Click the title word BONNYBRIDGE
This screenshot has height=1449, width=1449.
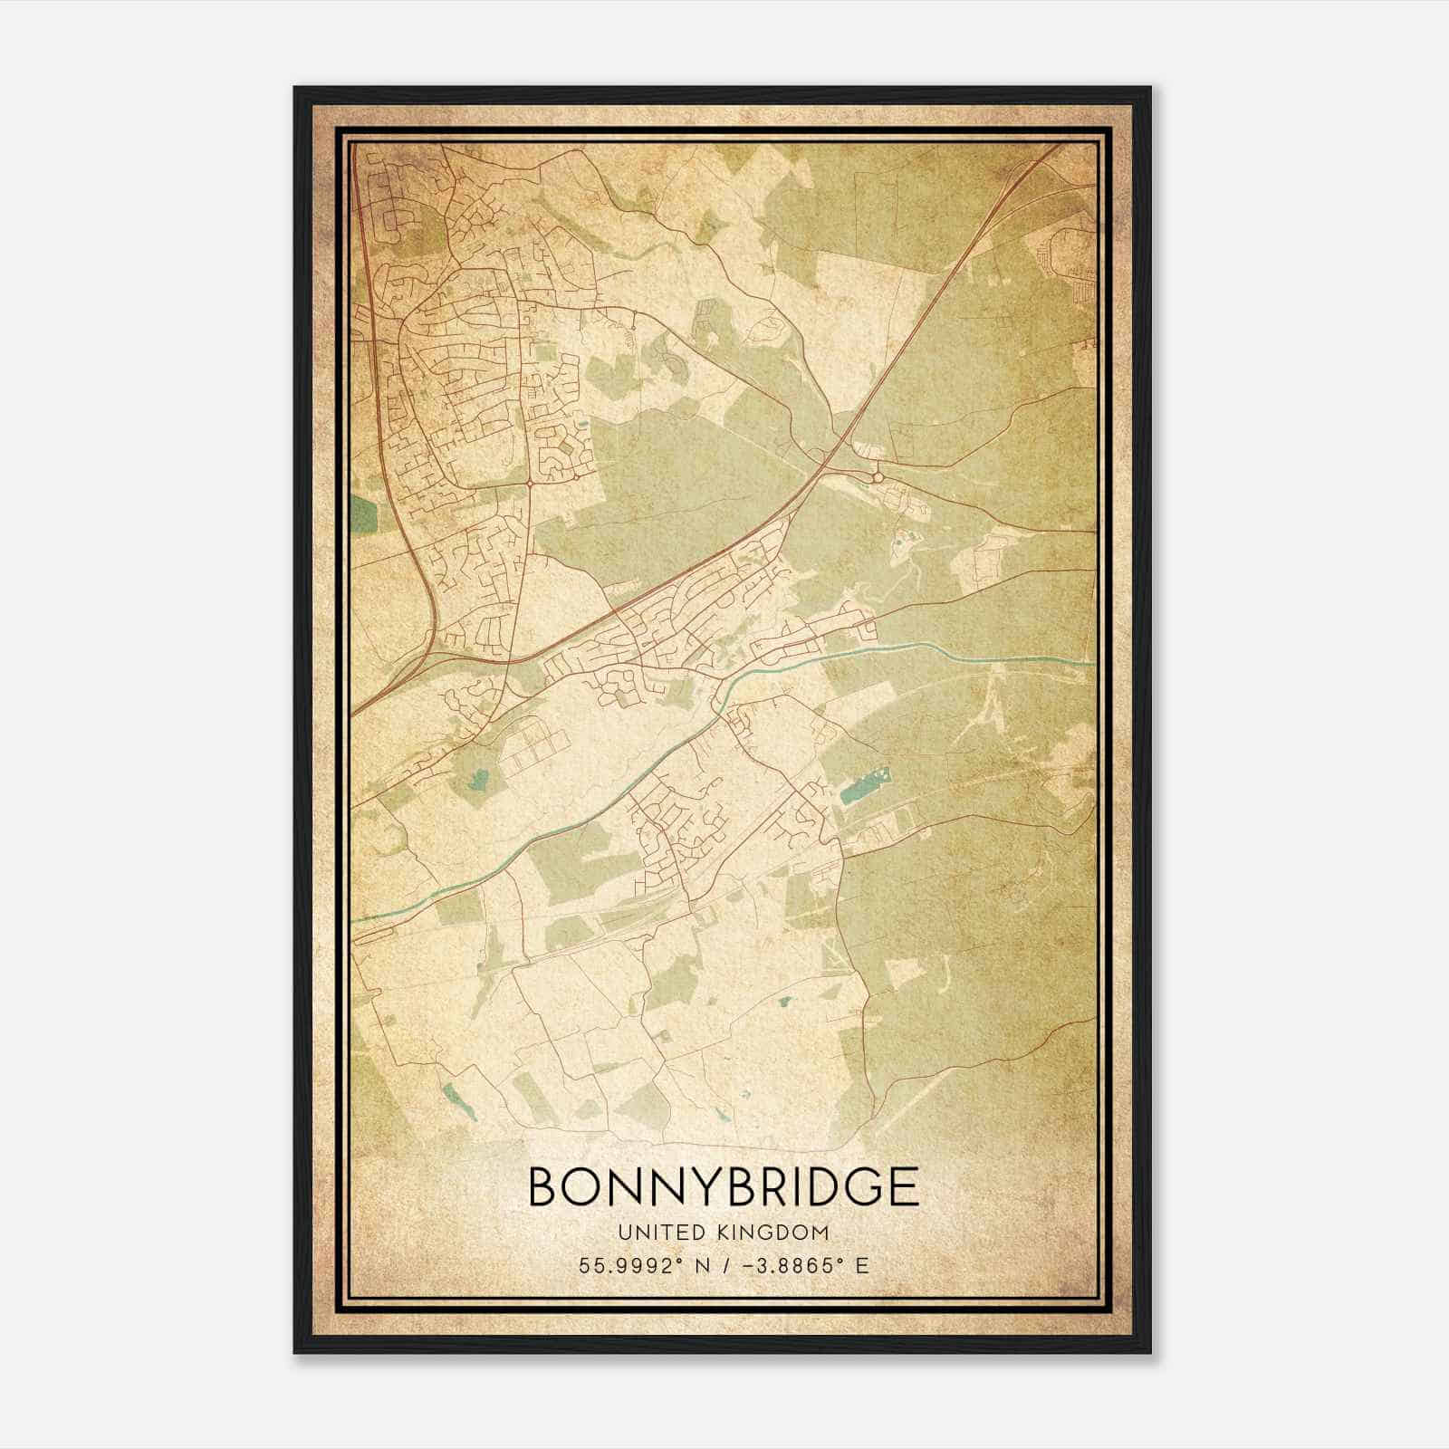click(723, 1186)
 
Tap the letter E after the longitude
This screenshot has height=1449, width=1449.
click(862, 1265)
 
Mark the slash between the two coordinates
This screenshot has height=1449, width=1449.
click(722, 1265)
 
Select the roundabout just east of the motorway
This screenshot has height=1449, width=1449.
click(877, 476)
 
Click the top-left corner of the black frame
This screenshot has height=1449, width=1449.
click(296, 89)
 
